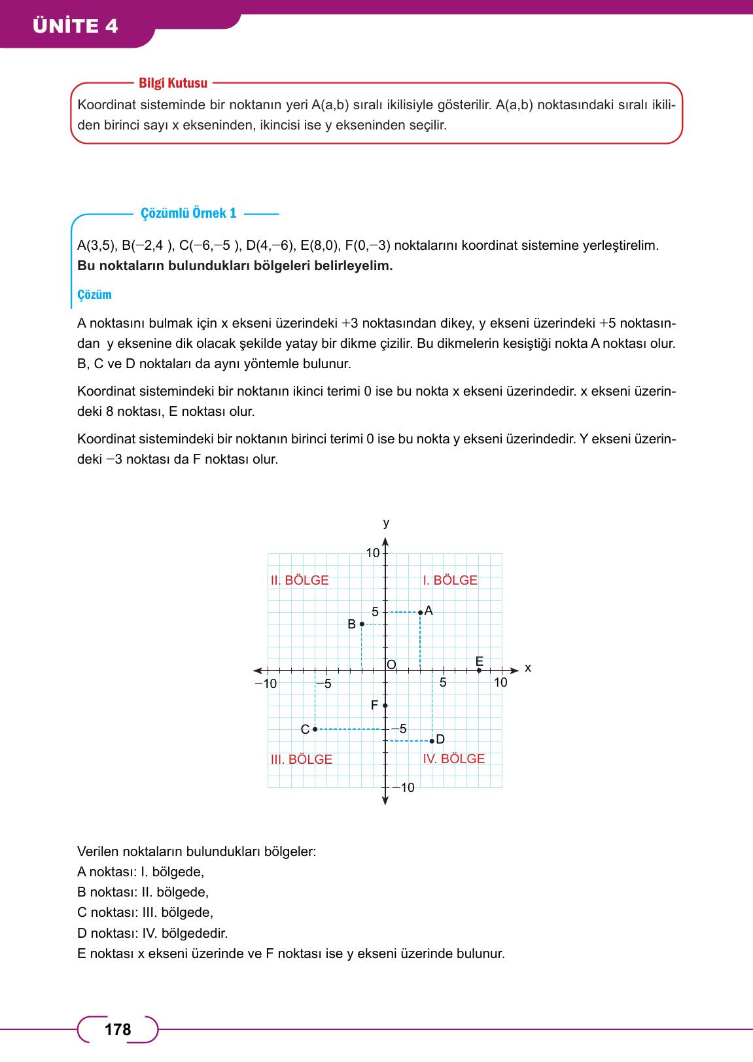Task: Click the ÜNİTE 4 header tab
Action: pos(76,26)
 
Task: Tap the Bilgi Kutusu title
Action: pos(173,83)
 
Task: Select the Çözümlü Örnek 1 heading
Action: pos(188,213)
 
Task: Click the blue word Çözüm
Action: pos(94,294)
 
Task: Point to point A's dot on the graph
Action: pos(420,613)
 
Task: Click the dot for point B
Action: pos(362,625)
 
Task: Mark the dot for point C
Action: pos(315,728)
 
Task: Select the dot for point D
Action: pos(432,741)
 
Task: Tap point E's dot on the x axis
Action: pos(479,670)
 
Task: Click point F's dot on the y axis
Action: pos(385,705)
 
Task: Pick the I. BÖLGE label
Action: pos(450,580)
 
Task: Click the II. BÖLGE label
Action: pos(300,580)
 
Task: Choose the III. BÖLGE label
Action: pos(302,759)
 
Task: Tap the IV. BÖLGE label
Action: pos(454,759)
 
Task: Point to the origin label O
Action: pos(391,664)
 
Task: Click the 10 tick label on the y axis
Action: pos(373,553)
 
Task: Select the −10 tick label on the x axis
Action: pos(266,683)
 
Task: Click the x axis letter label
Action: pos(528,668)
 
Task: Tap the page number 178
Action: pos(118,1030)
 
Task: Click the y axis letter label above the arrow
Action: pos(386,522)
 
